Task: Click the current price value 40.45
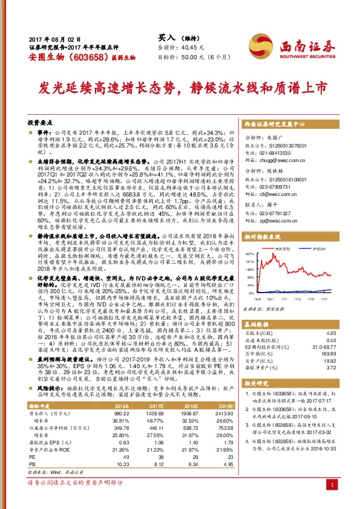190,47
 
